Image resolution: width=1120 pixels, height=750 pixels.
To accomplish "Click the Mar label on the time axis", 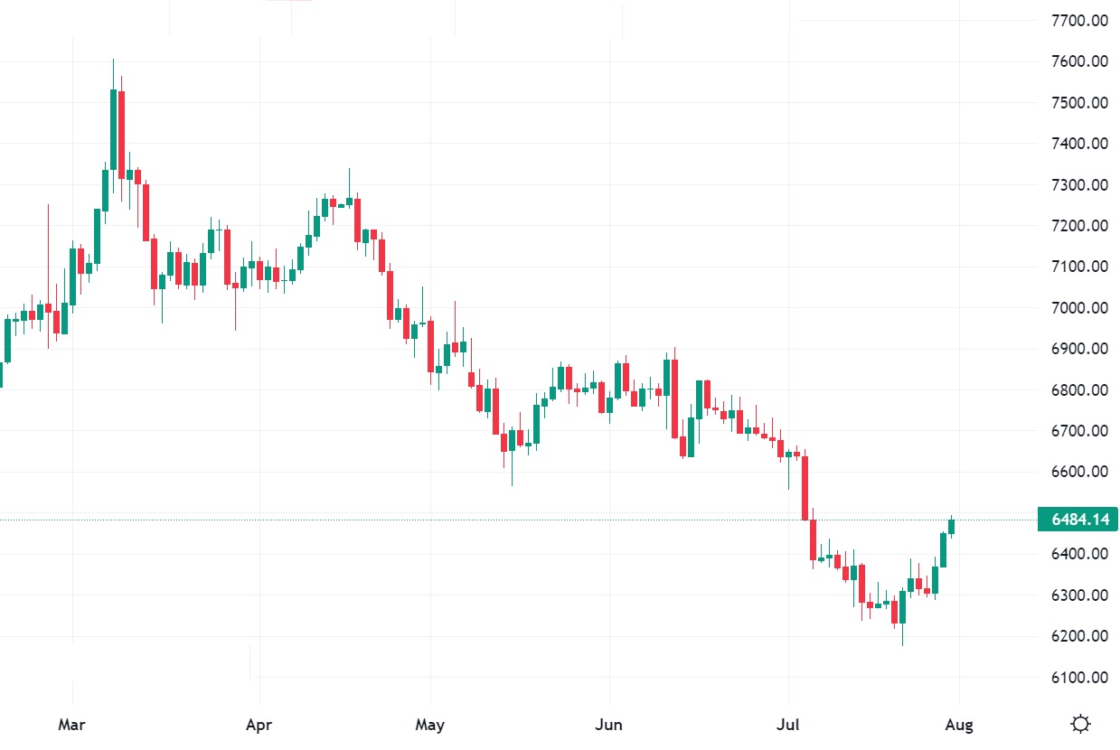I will point(71,725).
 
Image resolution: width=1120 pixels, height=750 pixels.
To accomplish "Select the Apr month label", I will point(259,725).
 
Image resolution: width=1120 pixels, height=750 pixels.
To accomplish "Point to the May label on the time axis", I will point(430,725).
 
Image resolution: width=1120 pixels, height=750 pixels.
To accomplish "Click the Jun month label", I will point(610,725).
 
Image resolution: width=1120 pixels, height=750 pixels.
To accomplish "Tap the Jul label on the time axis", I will point(789,725).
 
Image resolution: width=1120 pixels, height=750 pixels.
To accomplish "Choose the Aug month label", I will point(959,725).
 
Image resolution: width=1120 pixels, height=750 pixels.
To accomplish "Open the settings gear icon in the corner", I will point(1079,724).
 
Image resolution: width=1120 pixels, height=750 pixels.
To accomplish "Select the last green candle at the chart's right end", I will point(951,526).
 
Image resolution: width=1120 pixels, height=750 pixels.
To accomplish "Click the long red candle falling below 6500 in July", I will point(805,488).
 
